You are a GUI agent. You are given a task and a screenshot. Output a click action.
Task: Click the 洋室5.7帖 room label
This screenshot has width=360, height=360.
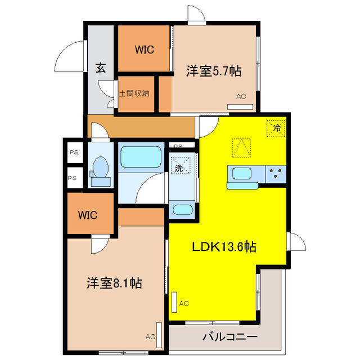(214, 71)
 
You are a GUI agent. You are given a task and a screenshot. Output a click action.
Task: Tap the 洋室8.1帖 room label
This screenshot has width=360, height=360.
(114, 283)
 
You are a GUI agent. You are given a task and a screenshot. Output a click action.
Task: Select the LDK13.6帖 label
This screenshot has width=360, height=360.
(226, 246)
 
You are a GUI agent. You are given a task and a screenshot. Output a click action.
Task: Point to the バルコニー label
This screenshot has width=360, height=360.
(222, 337)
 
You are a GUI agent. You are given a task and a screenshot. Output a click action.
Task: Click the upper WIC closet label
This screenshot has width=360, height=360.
(144, 49)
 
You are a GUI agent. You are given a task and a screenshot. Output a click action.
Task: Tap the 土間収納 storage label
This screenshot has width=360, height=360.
(134, 93)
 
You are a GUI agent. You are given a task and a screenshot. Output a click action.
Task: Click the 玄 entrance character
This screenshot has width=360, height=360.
(100, 69)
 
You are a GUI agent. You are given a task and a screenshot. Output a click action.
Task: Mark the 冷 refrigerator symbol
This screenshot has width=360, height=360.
(276, 128)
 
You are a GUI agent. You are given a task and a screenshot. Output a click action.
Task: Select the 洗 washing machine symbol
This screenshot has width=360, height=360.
(179, 167)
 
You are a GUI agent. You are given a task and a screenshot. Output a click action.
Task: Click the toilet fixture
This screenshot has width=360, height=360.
(100, 169)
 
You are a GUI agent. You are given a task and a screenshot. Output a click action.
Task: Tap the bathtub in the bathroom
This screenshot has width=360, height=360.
(141, 157)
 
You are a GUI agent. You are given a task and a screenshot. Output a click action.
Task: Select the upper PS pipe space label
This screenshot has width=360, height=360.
(73, 152)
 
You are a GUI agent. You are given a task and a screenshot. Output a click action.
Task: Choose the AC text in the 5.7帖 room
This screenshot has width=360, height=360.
(241, 96)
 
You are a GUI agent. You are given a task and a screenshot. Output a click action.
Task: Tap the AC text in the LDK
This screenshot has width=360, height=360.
(184, 304)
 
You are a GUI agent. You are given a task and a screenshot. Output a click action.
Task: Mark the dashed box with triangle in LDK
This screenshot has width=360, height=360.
(241, 148)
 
